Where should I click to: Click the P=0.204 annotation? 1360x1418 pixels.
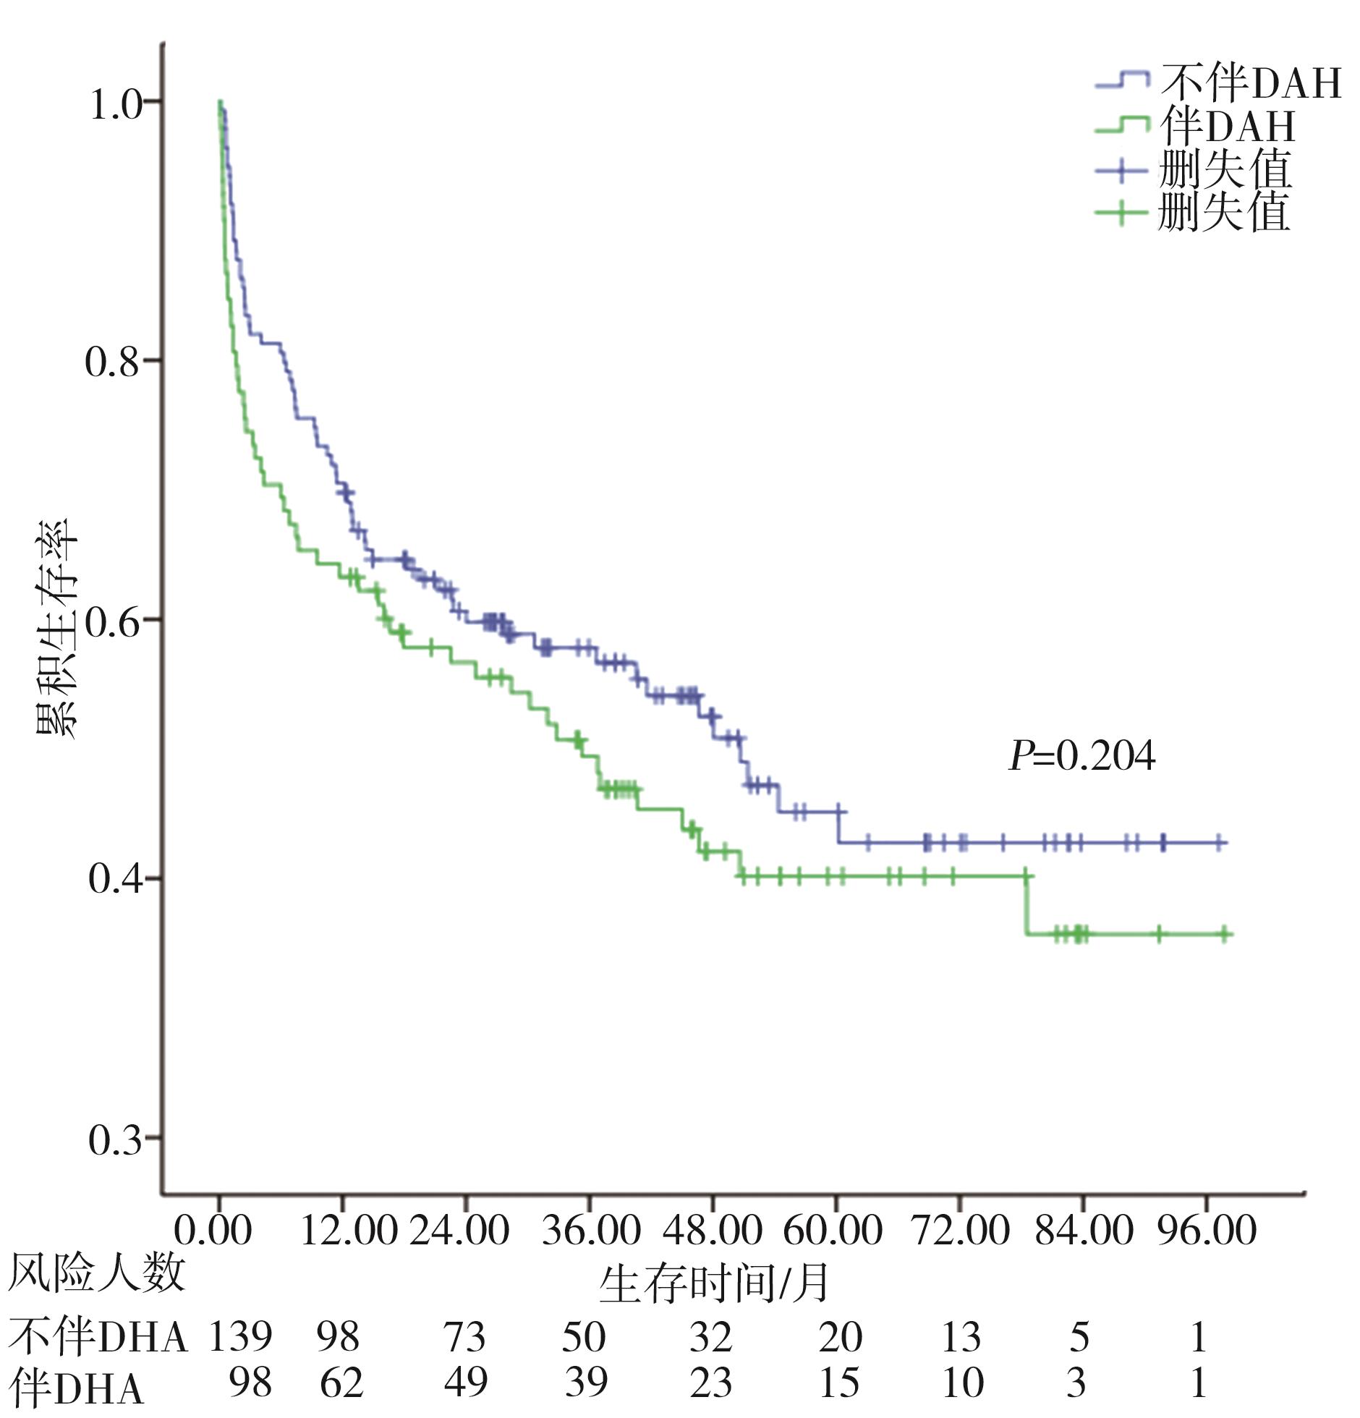point(1081,757)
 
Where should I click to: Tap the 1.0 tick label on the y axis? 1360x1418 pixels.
point(116,106)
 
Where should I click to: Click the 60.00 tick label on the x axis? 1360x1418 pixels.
point(833,1230)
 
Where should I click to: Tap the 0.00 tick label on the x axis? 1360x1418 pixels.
point(213,1230)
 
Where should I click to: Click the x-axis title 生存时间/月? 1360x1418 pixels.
point(713,1283)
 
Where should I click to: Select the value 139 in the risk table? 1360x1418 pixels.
point(240,1336)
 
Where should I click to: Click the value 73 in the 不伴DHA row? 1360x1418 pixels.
point(464,1336)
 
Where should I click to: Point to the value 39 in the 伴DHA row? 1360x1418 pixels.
point(585,1383)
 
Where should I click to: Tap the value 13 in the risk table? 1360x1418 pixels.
point(960,1336)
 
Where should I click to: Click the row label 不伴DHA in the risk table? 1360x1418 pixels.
point(98,1336)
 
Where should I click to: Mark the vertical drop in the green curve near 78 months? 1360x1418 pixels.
point(1025,905)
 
